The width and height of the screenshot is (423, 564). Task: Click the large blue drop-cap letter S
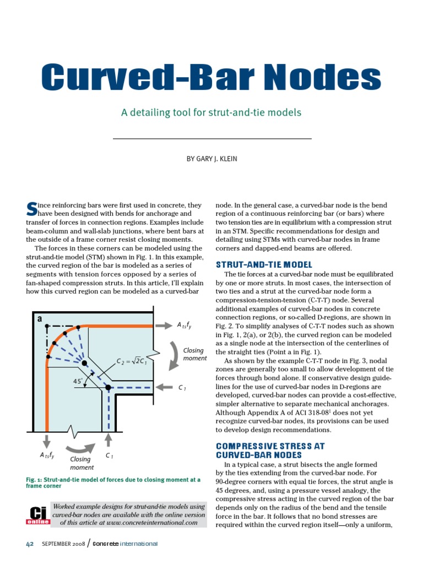[x=31, y=209]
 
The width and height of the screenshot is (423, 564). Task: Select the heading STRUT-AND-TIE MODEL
[x=264, y=264]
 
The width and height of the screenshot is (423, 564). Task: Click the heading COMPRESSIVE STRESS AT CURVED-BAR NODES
[x=270, y=451]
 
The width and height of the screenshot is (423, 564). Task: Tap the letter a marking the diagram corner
[x=40, y=319]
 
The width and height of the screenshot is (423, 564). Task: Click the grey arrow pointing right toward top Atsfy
[x=163, y=326]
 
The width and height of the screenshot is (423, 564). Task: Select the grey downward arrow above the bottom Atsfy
[x=47, y=440]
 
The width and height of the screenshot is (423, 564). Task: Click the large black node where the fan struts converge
[x=84, y=364]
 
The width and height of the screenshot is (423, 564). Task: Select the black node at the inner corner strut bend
[x=109, y=388]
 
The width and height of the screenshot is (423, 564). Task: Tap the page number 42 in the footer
[x=31, y=544]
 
